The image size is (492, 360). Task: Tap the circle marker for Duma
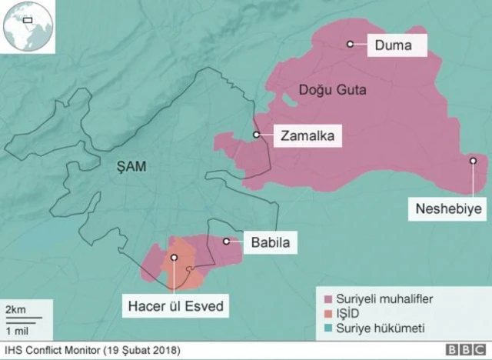click(x=350, y=45)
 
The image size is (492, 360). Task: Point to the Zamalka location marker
click(x=257, y=135)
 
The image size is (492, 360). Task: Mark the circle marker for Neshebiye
click(x=474, y=161)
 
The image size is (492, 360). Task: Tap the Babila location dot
click(x=226, y=242)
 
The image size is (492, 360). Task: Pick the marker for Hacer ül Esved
click(x=175, y=258)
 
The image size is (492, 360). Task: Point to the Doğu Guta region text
click(x=332, y=91)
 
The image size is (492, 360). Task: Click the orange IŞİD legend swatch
click(x=327, y=313)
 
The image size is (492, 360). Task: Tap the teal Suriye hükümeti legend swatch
click(x=327, y=328)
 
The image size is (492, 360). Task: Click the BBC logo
click(x=466, y=351)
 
